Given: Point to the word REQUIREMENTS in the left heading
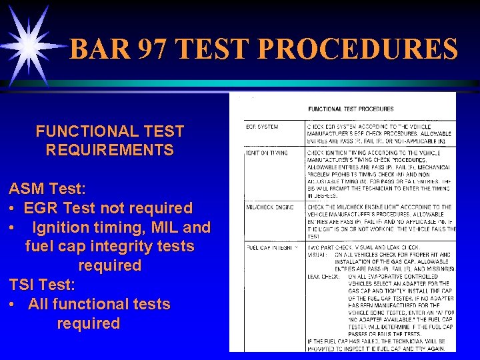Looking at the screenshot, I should [109, 150].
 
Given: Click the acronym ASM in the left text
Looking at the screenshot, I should [29, 189].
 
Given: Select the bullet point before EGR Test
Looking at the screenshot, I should [13, 209].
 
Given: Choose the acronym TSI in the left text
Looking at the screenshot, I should [23, 285].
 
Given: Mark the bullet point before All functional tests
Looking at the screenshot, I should [13, 305].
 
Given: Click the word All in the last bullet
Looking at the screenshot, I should [41, 304].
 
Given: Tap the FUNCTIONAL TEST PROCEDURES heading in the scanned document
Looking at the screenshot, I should [350, 109].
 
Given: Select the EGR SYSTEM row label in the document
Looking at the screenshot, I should [263, 127].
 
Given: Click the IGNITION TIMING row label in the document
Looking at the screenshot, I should [266, 153].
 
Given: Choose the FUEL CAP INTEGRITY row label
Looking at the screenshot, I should [272, 247].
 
